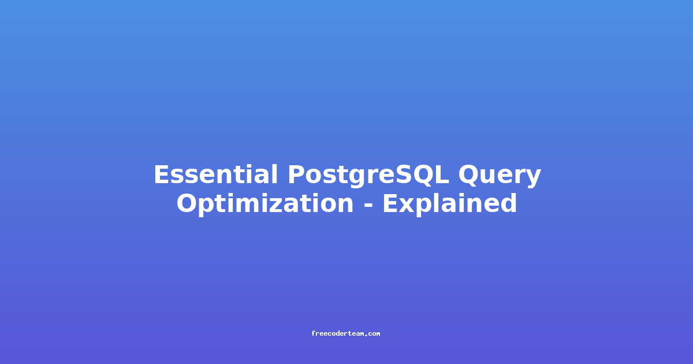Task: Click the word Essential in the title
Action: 215,174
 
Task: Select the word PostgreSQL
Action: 368,176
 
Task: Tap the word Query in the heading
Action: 500,176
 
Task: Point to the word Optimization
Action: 265,203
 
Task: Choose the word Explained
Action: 450,203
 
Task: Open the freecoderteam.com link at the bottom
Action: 345,334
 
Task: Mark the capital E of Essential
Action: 161,174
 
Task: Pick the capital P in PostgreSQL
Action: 296,174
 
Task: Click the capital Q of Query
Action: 469,175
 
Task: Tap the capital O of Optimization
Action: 187,203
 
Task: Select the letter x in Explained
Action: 406,206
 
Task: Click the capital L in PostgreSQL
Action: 441,174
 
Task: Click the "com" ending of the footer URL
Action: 374,335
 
